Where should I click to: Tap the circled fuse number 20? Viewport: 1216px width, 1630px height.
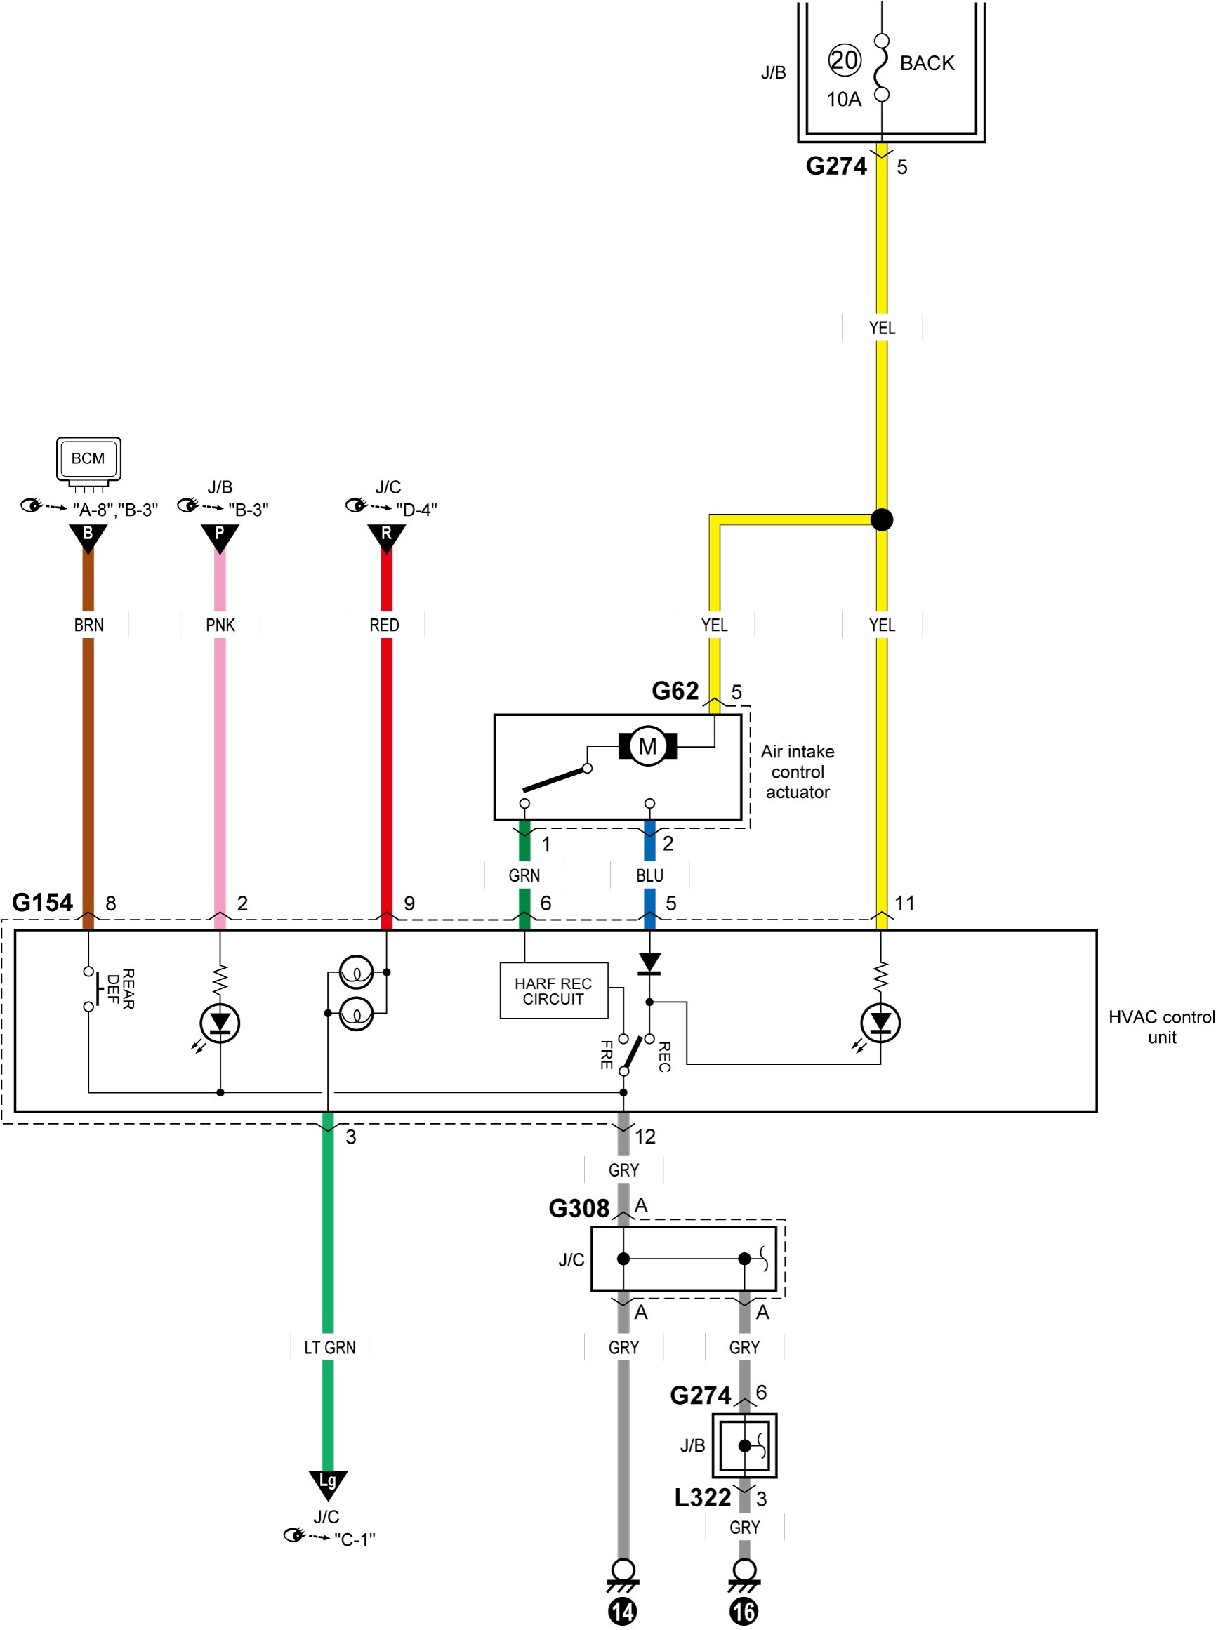coord(845,60)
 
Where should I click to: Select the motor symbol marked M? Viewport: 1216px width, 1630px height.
coord(648,746)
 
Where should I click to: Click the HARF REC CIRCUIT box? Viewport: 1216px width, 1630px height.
coord(553,990)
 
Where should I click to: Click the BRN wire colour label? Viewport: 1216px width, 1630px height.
coord(88,625)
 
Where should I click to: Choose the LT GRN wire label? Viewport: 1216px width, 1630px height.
coord(329,1347)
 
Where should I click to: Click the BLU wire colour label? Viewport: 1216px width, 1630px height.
coord(650,875)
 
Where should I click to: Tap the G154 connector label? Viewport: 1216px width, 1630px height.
coord(43,903)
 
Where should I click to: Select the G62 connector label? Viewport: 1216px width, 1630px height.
coord(675,691)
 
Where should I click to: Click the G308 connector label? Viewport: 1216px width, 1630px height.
coord(579,1208)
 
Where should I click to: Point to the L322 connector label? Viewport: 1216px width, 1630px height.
coord(703,1497)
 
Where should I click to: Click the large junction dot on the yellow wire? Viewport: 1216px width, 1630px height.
coord(882,519)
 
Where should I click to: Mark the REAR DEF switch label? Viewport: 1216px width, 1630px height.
coord(121,989)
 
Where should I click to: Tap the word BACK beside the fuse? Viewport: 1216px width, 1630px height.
coord(927,63)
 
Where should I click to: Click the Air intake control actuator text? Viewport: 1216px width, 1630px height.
coord(798,772)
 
